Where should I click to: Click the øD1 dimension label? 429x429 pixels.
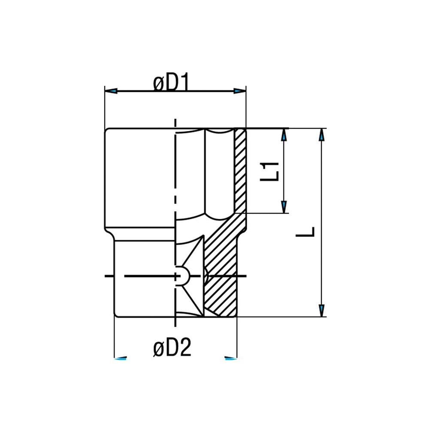(x=171, y=83)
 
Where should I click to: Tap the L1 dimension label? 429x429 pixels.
(x=271, y=171)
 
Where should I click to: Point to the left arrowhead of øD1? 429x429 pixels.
(x=111, y=91)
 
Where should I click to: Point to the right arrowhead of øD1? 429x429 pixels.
(x=239, y=91)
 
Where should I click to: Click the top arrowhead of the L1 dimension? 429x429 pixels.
(x=284, y=136)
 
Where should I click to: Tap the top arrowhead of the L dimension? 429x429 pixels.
(x=321, y=135)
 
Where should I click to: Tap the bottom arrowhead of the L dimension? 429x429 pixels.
(x=321, y=310)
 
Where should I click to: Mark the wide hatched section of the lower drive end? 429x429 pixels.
(x=221, y=275)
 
